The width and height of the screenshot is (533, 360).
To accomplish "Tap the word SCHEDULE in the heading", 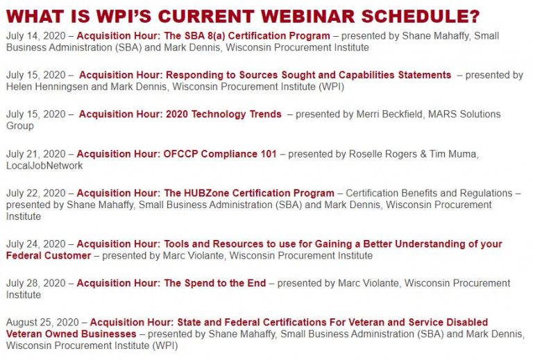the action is click(x=416, y=17).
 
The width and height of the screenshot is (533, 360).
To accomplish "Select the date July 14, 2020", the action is click(x=35, y=36).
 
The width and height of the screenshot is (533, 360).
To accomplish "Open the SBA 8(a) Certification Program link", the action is click(x=203, y=35).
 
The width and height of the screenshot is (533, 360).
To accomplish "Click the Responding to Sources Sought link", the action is click(x=265, y=75).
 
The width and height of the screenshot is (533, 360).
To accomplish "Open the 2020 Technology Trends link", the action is click(x=180, y=114).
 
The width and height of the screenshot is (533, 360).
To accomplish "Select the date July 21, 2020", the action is click(x=35, y=154).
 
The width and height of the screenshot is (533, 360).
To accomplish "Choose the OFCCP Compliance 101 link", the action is click(x=177, y=154).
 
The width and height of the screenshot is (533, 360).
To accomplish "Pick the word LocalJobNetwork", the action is click(x=44, y=166).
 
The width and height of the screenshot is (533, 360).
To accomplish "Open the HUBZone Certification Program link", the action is click(x=205, y=194).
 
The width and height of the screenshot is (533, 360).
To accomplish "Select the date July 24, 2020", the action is click(x=35, y=244).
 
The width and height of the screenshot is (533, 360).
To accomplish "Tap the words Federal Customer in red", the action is click(x=49, y=256).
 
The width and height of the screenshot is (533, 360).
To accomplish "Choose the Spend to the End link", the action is click(x=171, y=283).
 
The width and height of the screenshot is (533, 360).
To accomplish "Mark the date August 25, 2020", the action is click(x=42, y=323).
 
